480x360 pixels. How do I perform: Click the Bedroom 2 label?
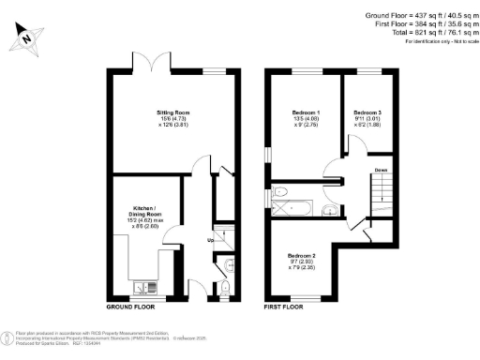pyautogui.click(x=302, y=256)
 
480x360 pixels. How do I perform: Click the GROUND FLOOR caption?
pyautogui.click(x=131, y=307)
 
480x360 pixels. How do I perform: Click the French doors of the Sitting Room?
pyautogui.click(x=149, y=66)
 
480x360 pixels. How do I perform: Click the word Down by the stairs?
pyautogui.click(x=382, y=171)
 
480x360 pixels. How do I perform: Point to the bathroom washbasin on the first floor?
pyautogui.click(x=327, y=207)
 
